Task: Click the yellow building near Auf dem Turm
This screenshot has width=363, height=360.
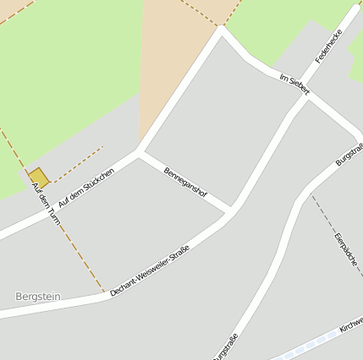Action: point(38,177)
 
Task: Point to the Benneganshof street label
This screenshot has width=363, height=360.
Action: point(185,181)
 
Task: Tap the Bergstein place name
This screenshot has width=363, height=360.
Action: point(39,297)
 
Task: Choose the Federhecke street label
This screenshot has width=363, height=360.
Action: point(327,47)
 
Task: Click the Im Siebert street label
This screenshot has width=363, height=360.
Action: point(294,84)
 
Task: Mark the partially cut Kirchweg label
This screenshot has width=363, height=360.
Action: point(350,325)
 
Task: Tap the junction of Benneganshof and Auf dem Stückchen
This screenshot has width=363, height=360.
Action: point(139,154)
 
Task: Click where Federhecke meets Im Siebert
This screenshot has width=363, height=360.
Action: point(306,95)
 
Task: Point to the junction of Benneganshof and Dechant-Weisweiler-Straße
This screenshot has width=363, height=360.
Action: point(228,209)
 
